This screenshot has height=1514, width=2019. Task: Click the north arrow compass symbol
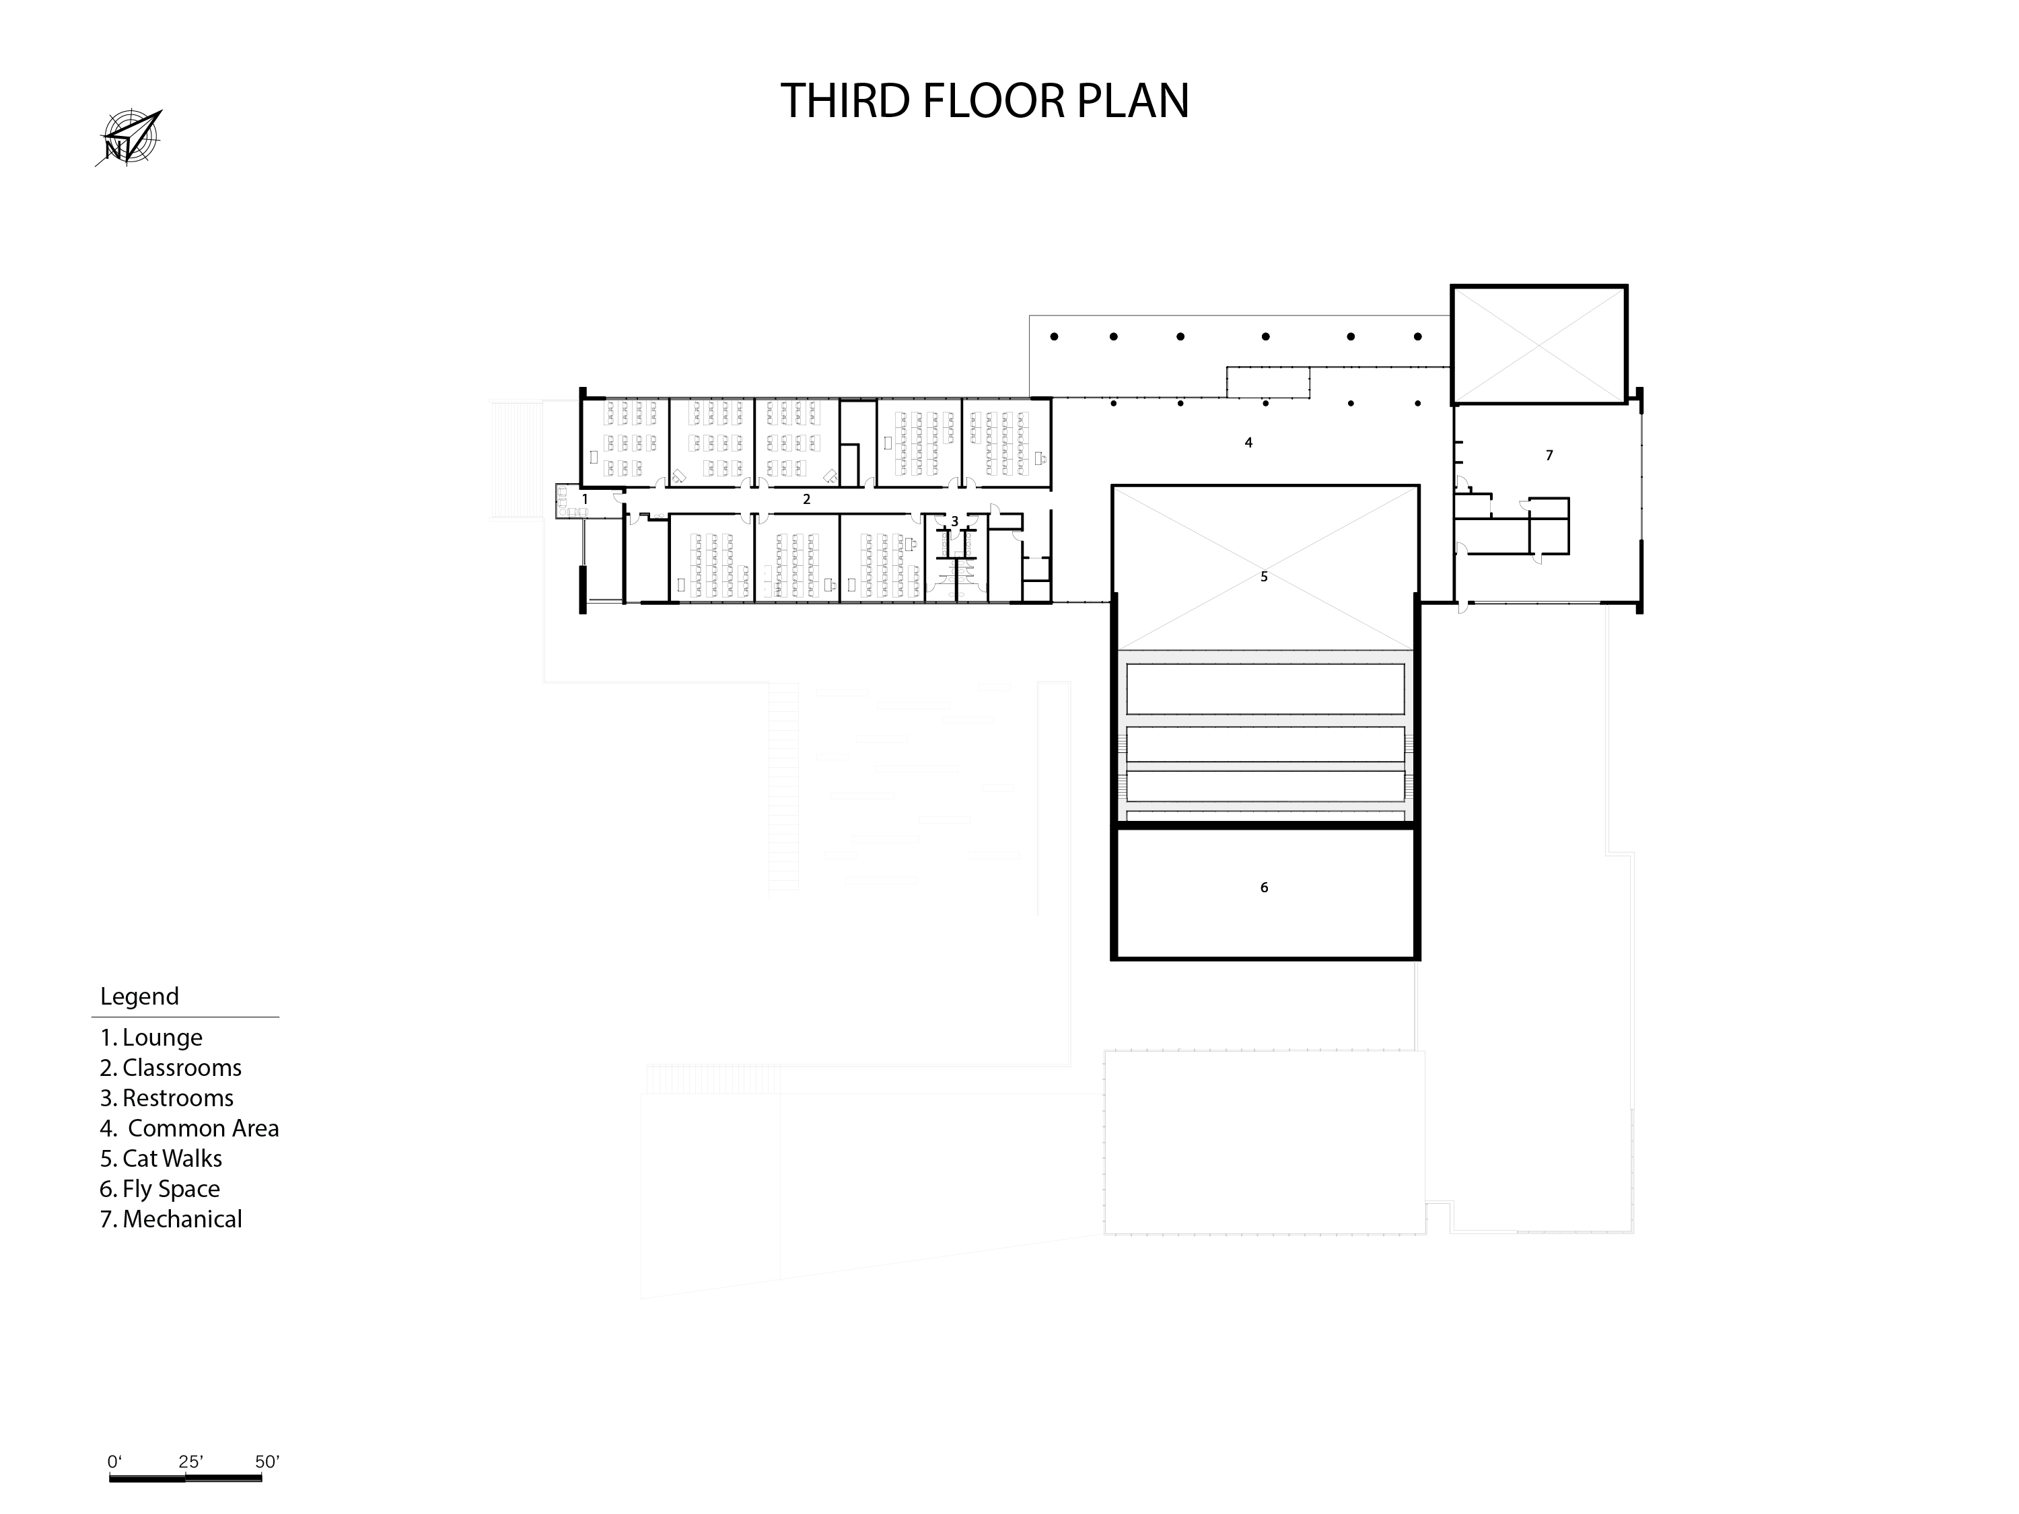click(x=129, y=139)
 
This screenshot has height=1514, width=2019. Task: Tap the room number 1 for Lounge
click(x=585, y=499)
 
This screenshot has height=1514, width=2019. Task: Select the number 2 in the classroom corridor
click(x=807, y=499)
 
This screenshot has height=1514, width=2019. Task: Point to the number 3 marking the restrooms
click(x=955, y=521)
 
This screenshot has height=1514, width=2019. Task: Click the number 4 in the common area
click(x=1248, y=443)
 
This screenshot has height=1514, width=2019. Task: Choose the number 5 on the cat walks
click(x=1264, y=577)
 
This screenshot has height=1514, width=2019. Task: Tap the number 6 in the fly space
click(x=1264, y=887)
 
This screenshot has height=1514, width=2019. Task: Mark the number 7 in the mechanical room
click(x=1549, y=456)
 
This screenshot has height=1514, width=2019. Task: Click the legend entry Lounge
click(x=151, y=1038)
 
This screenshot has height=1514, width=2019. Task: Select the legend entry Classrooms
click(x=171, y=1068)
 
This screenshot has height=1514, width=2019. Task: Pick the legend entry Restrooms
click(x=167, y=1098)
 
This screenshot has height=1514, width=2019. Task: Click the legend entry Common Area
click(x=190, y=1128)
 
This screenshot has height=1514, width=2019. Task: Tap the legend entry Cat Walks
click(x=162, y=1158)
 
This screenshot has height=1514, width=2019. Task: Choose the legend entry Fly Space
click(x=161, y=1189)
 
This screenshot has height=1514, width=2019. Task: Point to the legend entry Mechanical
click(x=172, y=1219)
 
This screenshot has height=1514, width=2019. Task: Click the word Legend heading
click(x=140, y=997)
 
